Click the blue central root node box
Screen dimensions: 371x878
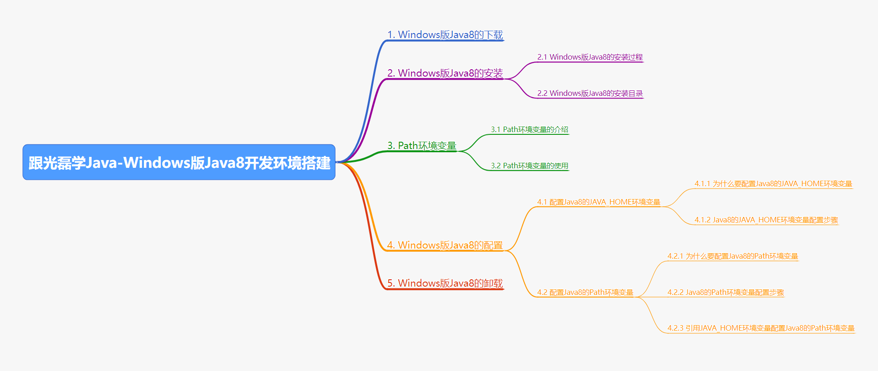179,162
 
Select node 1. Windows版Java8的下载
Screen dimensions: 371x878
445,35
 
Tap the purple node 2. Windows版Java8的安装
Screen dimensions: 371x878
445,73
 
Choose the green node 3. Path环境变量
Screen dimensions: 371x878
422,146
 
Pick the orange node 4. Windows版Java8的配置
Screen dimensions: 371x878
445,245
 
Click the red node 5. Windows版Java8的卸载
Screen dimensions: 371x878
445,283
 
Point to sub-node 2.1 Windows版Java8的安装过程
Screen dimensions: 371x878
590,57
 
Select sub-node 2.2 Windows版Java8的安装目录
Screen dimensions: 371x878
590,94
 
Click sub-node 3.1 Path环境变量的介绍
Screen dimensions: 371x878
529,130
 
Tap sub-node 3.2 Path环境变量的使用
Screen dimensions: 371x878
529,166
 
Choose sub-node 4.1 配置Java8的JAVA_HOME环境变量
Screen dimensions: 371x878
598,202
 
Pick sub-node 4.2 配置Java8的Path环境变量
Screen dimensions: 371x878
585,293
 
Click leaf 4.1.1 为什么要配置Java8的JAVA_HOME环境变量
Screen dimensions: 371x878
773,184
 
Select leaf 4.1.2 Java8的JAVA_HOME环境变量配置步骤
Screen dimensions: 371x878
766,220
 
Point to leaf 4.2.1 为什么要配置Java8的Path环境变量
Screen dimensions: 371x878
733,256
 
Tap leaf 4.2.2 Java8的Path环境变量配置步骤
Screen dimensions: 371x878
725,293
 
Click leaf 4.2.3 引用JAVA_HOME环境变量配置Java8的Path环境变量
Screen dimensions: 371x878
761,328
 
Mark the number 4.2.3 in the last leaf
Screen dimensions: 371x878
675,328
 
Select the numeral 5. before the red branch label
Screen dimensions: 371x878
391,283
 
